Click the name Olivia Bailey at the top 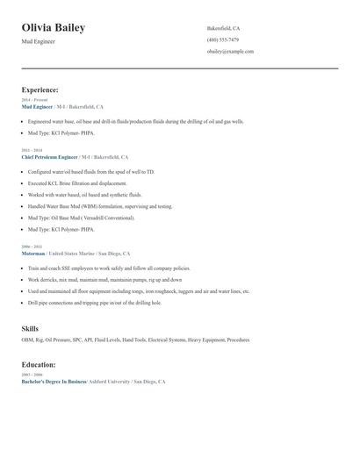pyautogui.click(x=53, y=28)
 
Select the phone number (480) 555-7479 pyautogui.click(x=222, y=39)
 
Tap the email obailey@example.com pyautogui.click(x=230, y=52)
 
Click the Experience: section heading pyautogui.click(x=40, y=89)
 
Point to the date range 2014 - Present pyautogui.click(x=35, y=100)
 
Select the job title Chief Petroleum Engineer pyautogui.click(x=49, y=155)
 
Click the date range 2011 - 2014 pyautogui.click(x=32, y=150)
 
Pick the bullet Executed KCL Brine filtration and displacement pyautogui.click(x=77, y=183)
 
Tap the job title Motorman pyautogui.click(x=33, y=253)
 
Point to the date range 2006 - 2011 pyautogui.click(x=32, y=247)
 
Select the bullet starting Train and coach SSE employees pyautogui.click(x=109, y=268)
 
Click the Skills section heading pyautogui.click(x=30, y=329)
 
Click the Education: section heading pyautogui.click(x=39, y=365)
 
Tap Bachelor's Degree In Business pyautogui.click(x=54, y=382)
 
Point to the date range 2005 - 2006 pyautogui.click(x=32, y=376)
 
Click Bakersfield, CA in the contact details pyautogui.click(x=223, y=28)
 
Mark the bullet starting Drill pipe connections pyautogui.click(x=94, y=303)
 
